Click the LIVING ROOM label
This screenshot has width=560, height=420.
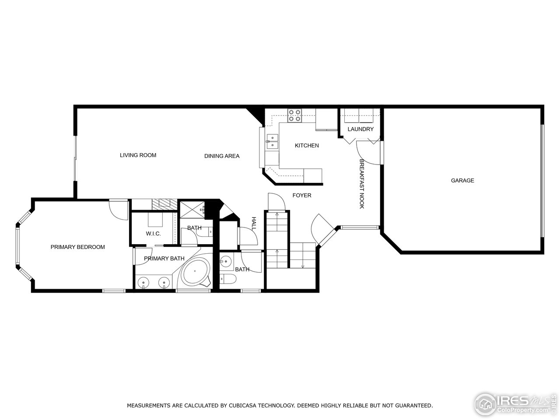pos(138,155)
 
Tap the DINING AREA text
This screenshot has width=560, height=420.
pos(222,156)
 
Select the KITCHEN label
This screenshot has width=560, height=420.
pos(307,146)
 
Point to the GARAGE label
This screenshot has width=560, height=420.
pos(462,181)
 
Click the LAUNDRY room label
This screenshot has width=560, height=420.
pos(360,129)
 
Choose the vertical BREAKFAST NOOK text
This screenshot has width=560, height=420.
pos(362,184)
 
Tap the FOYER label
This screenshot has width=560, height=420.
pos(302,196)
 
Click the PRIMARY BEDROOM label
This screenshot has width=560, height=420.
pos(77,247)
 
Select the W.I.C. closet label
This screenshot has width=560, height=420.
pos(153,234)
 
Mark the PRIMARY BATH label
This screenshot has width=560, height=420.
pos(164,259)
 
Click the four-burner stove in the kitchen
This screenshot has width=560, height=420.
pos(294,115)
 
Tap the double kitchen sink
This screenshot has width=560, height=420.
pos(272,141)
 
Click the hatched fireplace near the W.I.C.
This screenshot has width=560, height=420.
pos(164,203)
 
